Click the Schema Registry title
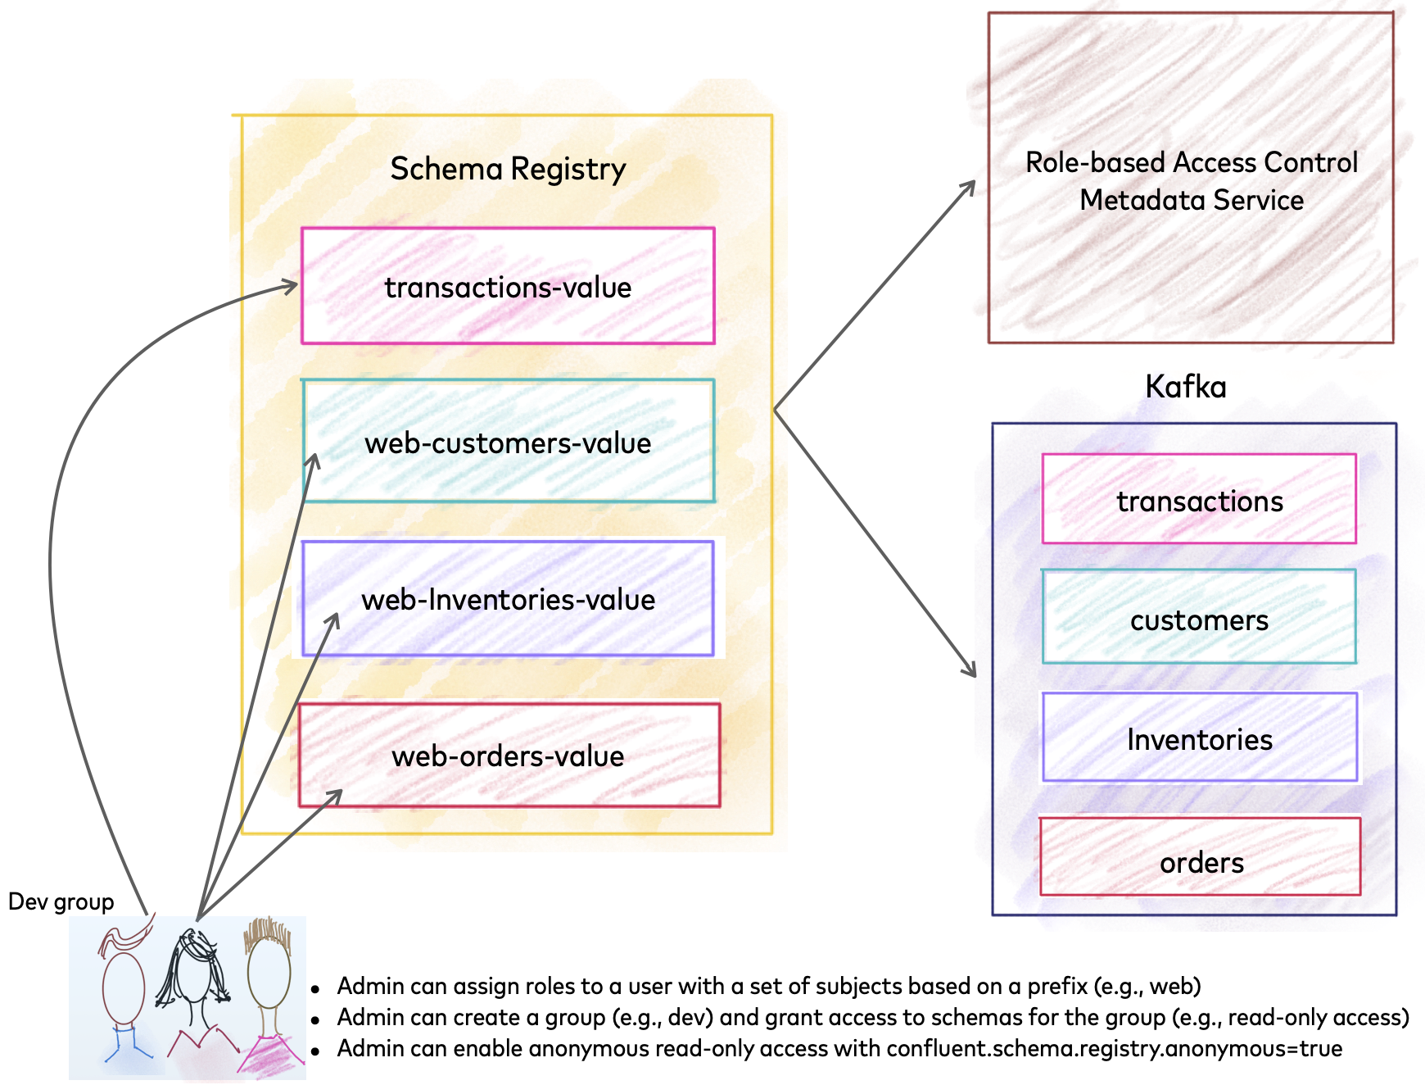508,169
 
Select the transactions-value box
508,286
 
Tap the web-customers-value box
508,442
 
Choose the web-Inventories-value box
508,598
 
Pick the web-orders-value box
508,755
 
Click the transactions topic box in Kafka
1199,499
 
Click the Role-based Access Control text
1191,162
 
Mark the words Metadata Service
1191,199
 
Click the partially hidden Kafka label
1173,385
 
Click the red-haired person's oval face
124,987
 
